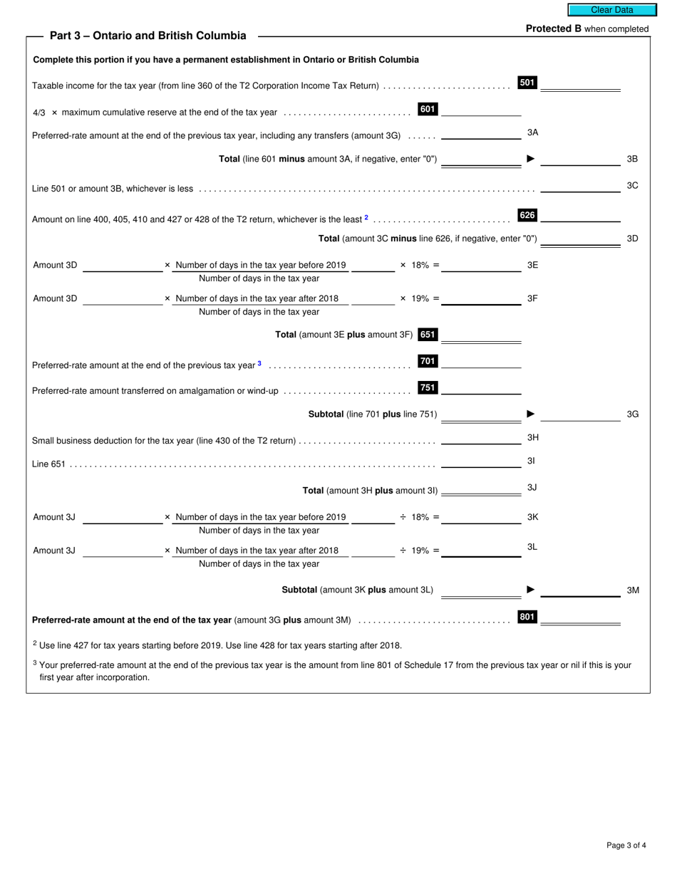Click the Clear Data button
(x=611, y=10)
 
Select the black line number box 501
(x=527, y=83)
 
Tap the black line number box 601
(x=428, y=109)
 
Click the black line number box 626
(x=527, y=215)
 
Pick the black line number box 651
(x=428, y=334)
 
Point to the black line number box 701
(x=428, y=361)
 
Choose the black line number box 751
(x=428, y=387)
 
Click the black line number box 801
(x=527, y=617)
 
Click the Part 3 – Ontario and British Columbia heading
(x=148, y=36)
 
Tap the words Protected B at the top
(x=554, y=29)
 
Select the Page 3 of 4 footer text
(x=626, y=845)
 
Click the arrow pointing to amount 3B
(x=530, y=159)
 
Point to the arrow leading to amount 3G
(x=530, y=414)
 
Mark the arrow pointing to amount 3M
(x=530, y=590)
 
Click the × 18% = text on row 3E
(x=419, y=265)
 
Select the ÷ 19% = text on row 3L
(x=419, y=551)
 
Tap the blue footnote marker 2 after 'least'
(x=366, y=218)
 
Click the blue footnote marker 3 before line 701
(x=259, y=364)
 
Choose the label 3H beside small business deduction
(x=532, y=437)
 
